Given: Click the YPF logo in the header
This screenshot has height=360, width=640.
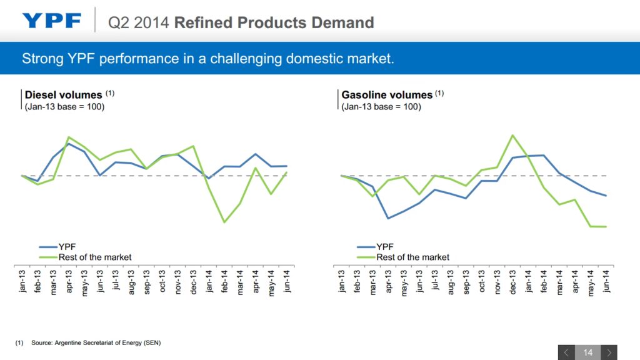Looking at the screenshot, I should pyautogui.click(x=52, y=21).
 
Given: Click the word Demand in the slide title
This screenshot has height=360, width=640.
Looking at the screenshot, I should pyautogui.click(x=344, y=23).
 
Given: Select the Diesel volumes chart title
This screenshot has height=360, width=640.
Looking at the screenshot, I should pyautogui.click(x=63, y=95).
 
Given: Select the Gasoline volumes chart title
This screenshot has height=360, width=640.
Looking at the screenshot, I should pyautogui.click(x=387, y=95).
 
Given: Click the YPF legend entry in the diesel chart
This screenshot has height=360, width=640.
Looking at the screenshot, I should pyautogui.click(x=67, y=247).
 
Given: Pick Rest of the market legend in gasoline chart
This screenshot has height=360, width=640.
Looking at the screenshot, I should pyautogui.click(x=412, y=257).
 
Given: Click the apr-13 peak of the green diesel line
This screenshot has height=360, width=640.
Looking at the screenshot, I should pyautogui.click(x=68, y=137).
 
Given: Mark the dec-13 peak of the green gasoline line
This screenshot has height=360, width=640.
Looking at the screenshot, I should pyautogui.click(x=512, y=135).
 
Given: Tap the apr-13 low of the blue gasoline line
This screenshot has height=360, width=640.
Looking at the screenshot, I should pyautogui.click(x=388, y=218).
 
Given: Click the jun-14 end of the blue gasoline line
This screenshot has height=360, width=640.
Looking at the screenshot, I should pyautogui.click(x=606, y=196).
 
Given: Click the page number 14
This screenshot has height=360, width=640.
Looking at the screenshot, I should pyautogui.click(x=587, y=352).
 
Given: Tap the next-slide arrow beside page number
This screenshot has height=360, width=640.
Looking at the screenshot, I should pyautogui.click(x=609, y=352).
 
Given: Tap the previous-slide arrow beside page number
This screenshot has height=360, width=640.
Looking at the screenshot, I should pyautogui.click(x=566, y=352).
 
